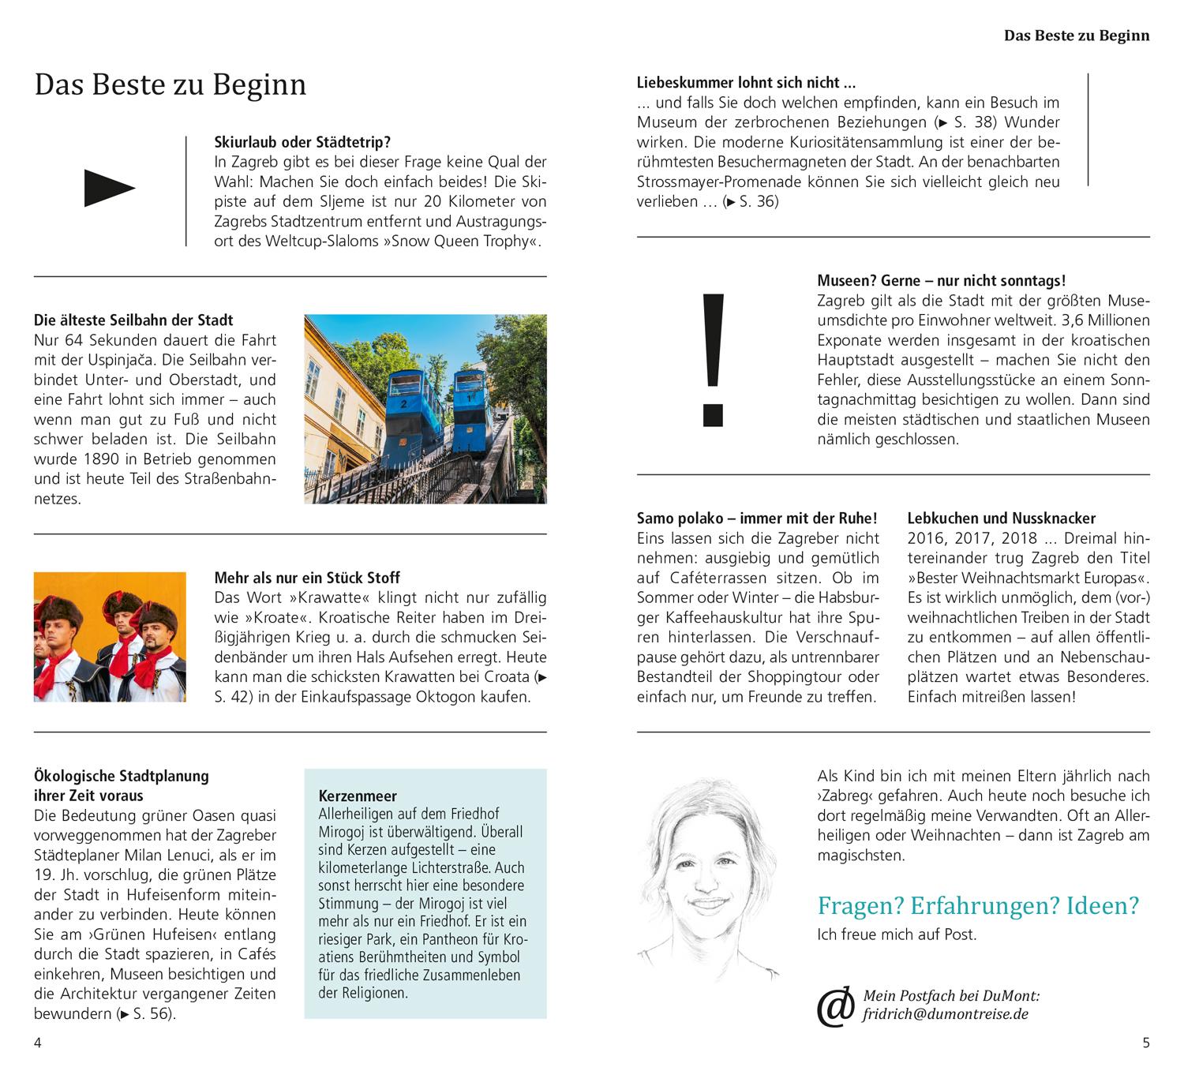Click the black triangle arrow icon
point(109,189)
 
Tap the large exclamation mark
point(713,359)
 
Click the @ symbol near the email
point(835,1006)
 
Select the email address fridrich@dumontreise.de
point(946,1014)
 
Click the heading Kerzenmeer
point(358,796)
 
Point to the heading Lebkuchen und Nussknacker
point(1001,519)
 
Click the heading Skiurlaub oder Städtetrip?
point(302,143)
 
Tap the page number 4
point(38,1043)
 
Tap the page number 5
point(1146,1043)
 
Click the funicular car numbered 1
point(477,403)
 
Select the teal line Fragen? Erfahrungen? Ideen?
point(978,905)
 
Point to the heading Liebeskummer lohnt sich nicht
point(746,83)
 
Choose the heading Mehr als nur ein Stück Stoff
point(307,578)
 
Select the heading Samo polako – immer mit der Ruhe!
point(756,519)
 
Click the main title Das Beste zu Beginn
point(170,84)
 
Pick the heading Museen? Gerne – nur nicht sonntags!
point(941,281)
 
